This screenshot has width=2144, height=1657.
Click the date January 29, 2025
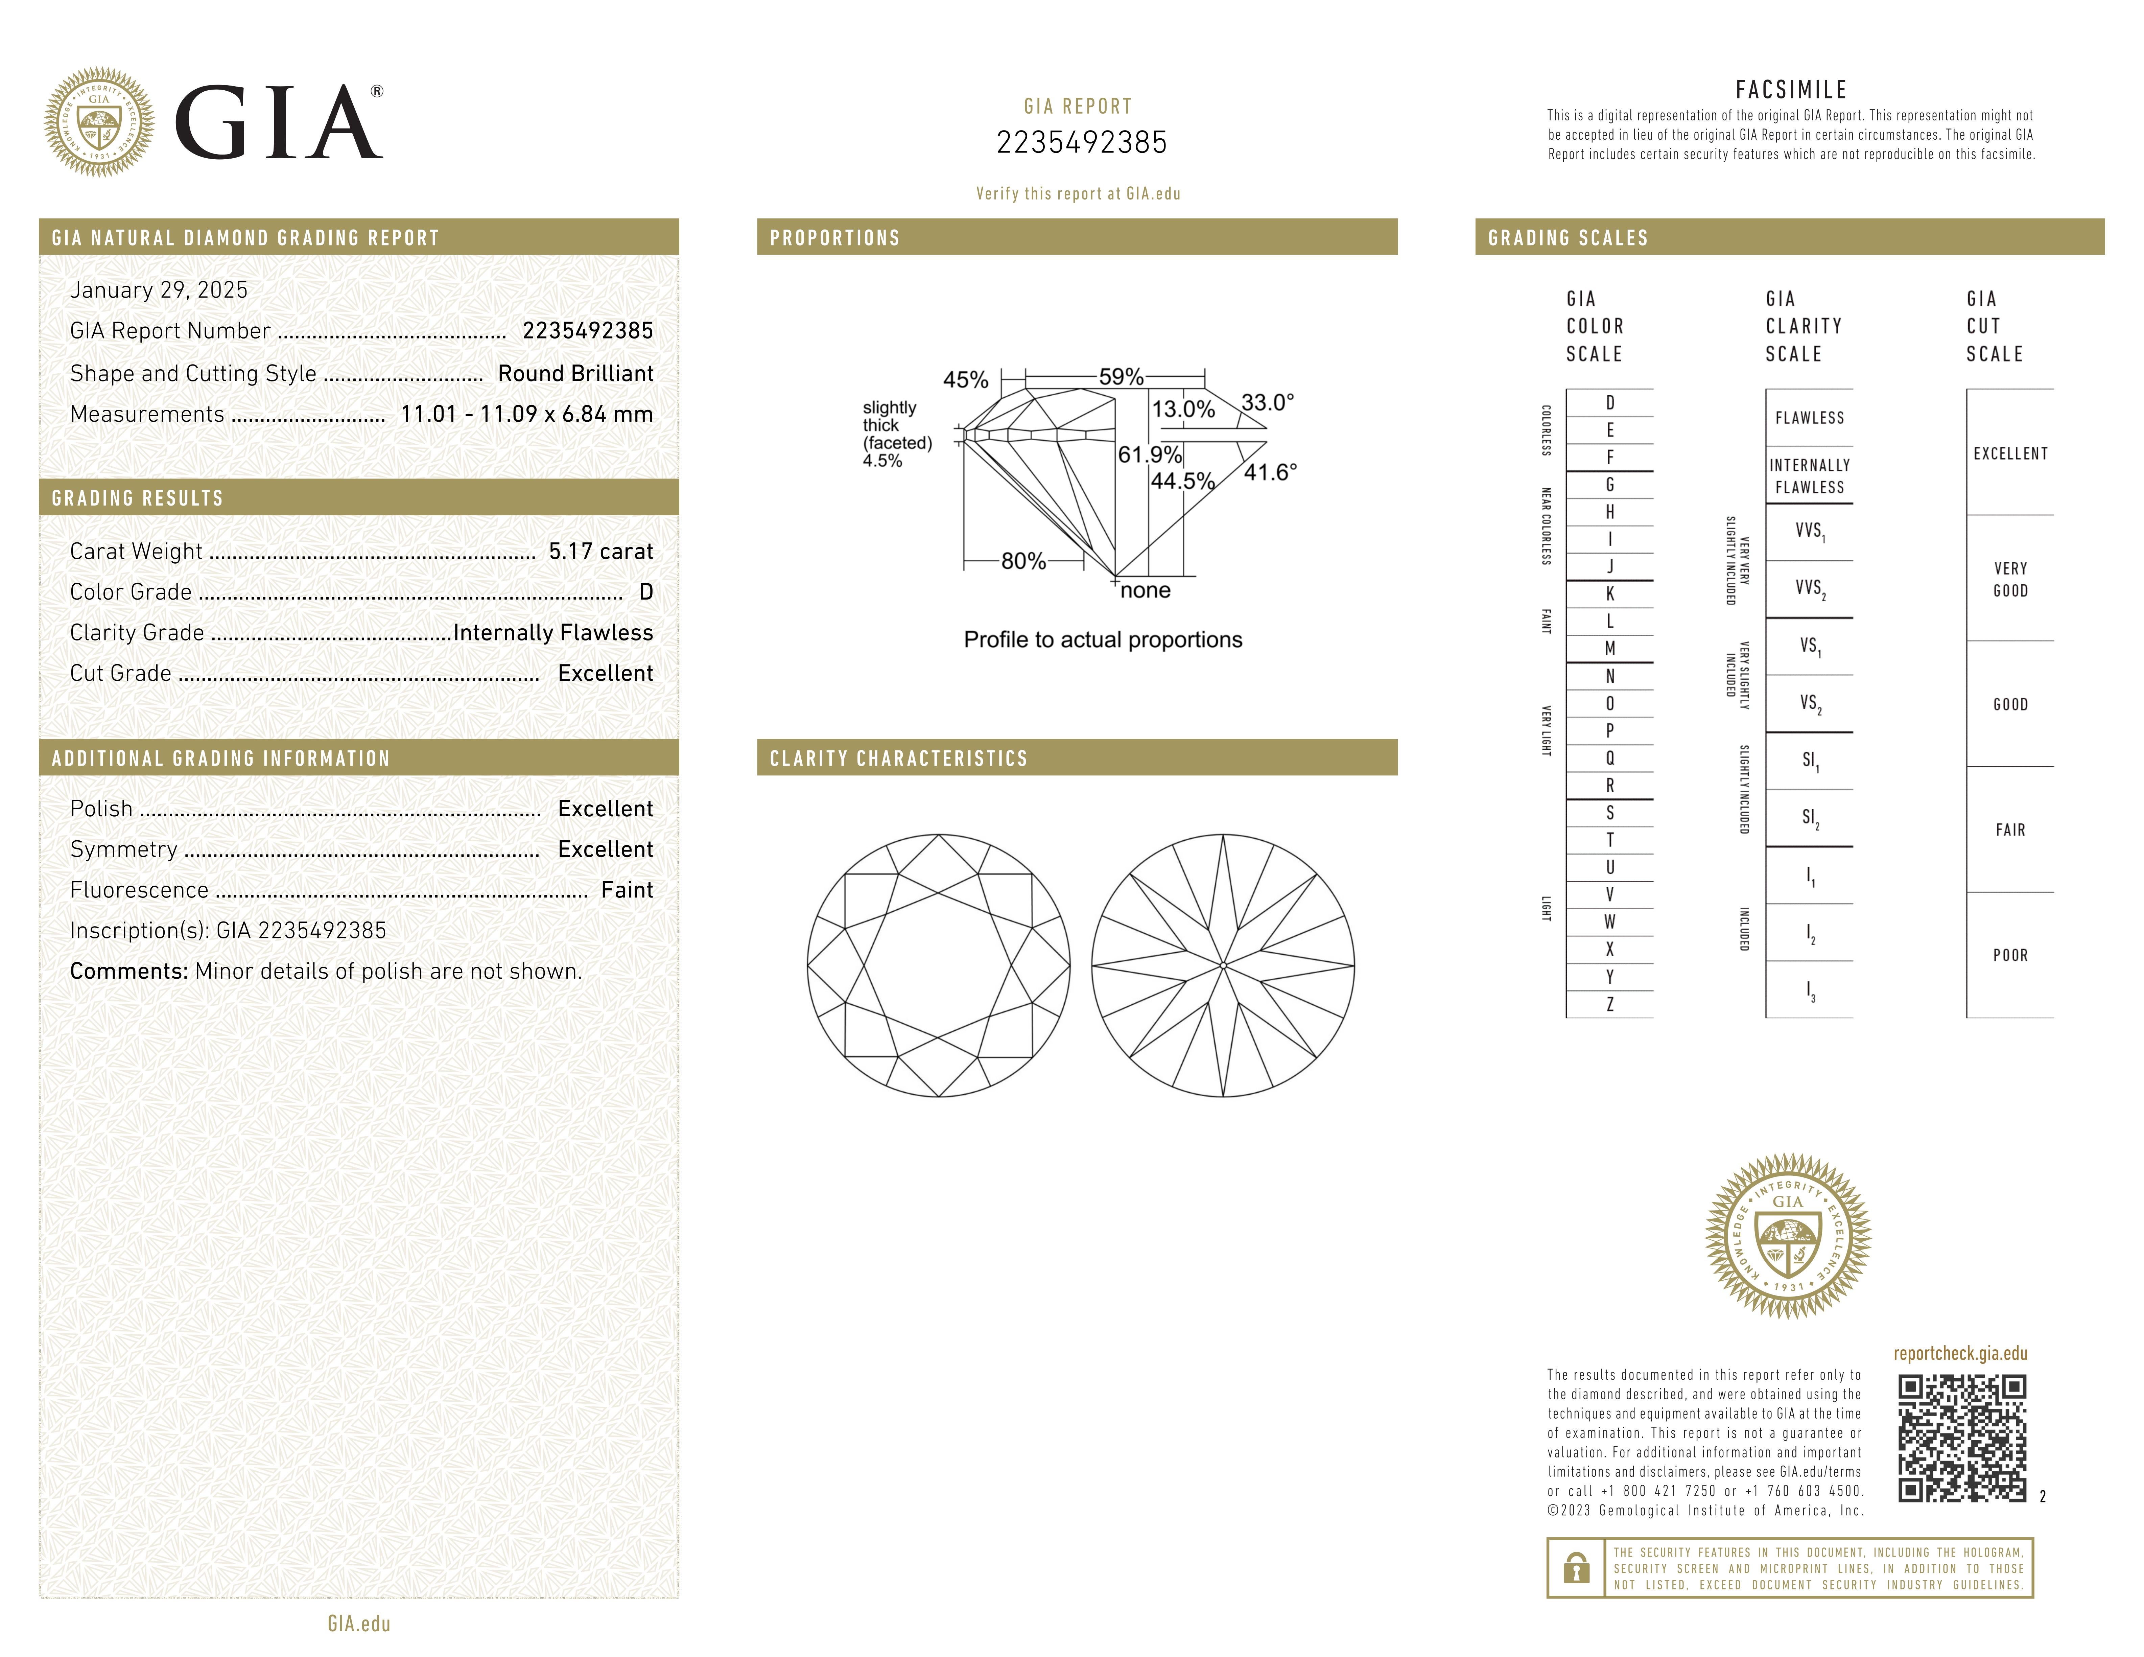[x=159, y=289]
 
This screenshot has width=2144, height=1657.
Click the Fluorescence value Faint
[x=626, y=890]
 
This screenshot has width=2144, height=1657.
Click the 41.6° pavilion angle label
[x=1270, y=473]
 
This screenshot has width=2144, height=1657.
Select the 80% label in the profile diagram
[x=1023, y=561]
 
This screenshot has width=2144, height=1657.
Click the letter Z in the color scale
[x=1610, y=1004]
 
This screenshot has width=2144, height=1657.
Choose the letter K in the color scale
[x=1610, y=594]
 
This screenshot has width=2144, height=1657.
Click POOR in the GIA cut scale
[x=2009, y=955]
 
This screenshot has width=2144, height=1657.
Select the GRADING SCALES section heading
[x=1568, y=237]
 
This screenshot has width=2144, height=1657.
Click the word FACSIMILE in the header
[x=1791, y=90]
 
